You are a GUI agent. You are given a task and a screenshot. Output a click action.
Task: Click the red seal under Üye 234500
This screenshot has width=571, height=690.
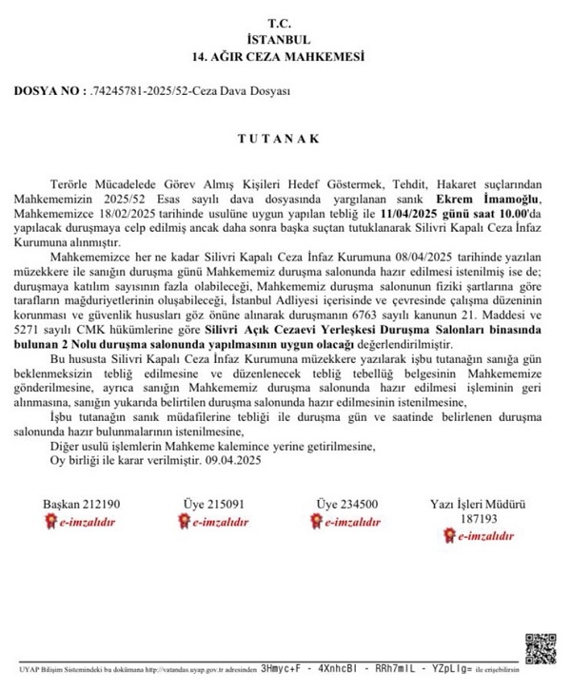316,522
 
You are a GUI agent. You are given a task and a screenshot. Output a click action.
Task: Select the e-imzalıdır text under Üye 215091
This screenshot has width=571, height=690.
220,522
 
